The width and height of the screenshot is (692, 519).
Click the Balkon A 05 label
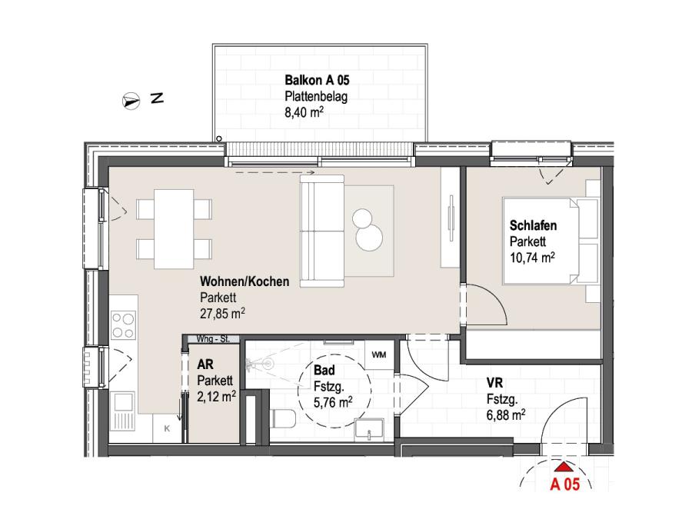(x=317, y=80)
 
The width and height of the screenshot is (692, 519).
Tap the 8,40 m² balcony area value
(x=304, y=111)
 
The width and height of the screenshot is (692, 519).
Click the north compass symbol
(x=131, y=101)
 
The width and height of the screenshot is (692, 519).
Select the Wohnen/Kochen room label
(x=245, y=281)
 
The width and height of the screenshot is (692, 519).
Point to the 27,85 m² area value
(x=222, y=313)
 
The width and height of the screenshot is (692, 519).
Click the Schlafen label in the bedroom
(x=533, y=225)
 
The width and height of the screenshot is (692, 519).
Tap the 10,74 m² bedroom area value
(x=532, y=258)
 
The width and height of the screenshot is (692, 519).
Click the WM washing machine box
(x=379, y=354)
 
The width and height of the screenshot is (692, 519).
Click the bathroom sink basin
(x=369, y=429)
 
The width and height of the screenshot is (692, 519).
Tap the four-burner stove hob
(x=123, y=325)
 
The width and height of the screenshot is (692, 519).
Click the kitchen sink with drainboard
(x=123, y=411)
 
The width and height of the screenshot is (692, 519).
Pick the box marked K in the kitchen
(x=167, y=428)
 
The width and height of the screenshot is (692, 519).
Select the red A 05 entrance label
(x=564, y=484)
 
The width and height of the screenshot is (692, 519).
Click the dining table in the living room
(x=174, y=229)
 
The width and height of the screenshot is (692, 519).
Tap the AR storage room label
(x=205, y=364)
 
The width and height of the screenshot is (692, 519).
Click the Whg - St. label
(x=213, y=339)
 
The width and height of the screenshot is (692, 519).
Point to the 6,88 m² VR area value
(x=506, y=415)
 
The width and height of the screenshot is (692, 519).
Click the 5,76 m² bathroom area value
(x=333, y=402)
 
